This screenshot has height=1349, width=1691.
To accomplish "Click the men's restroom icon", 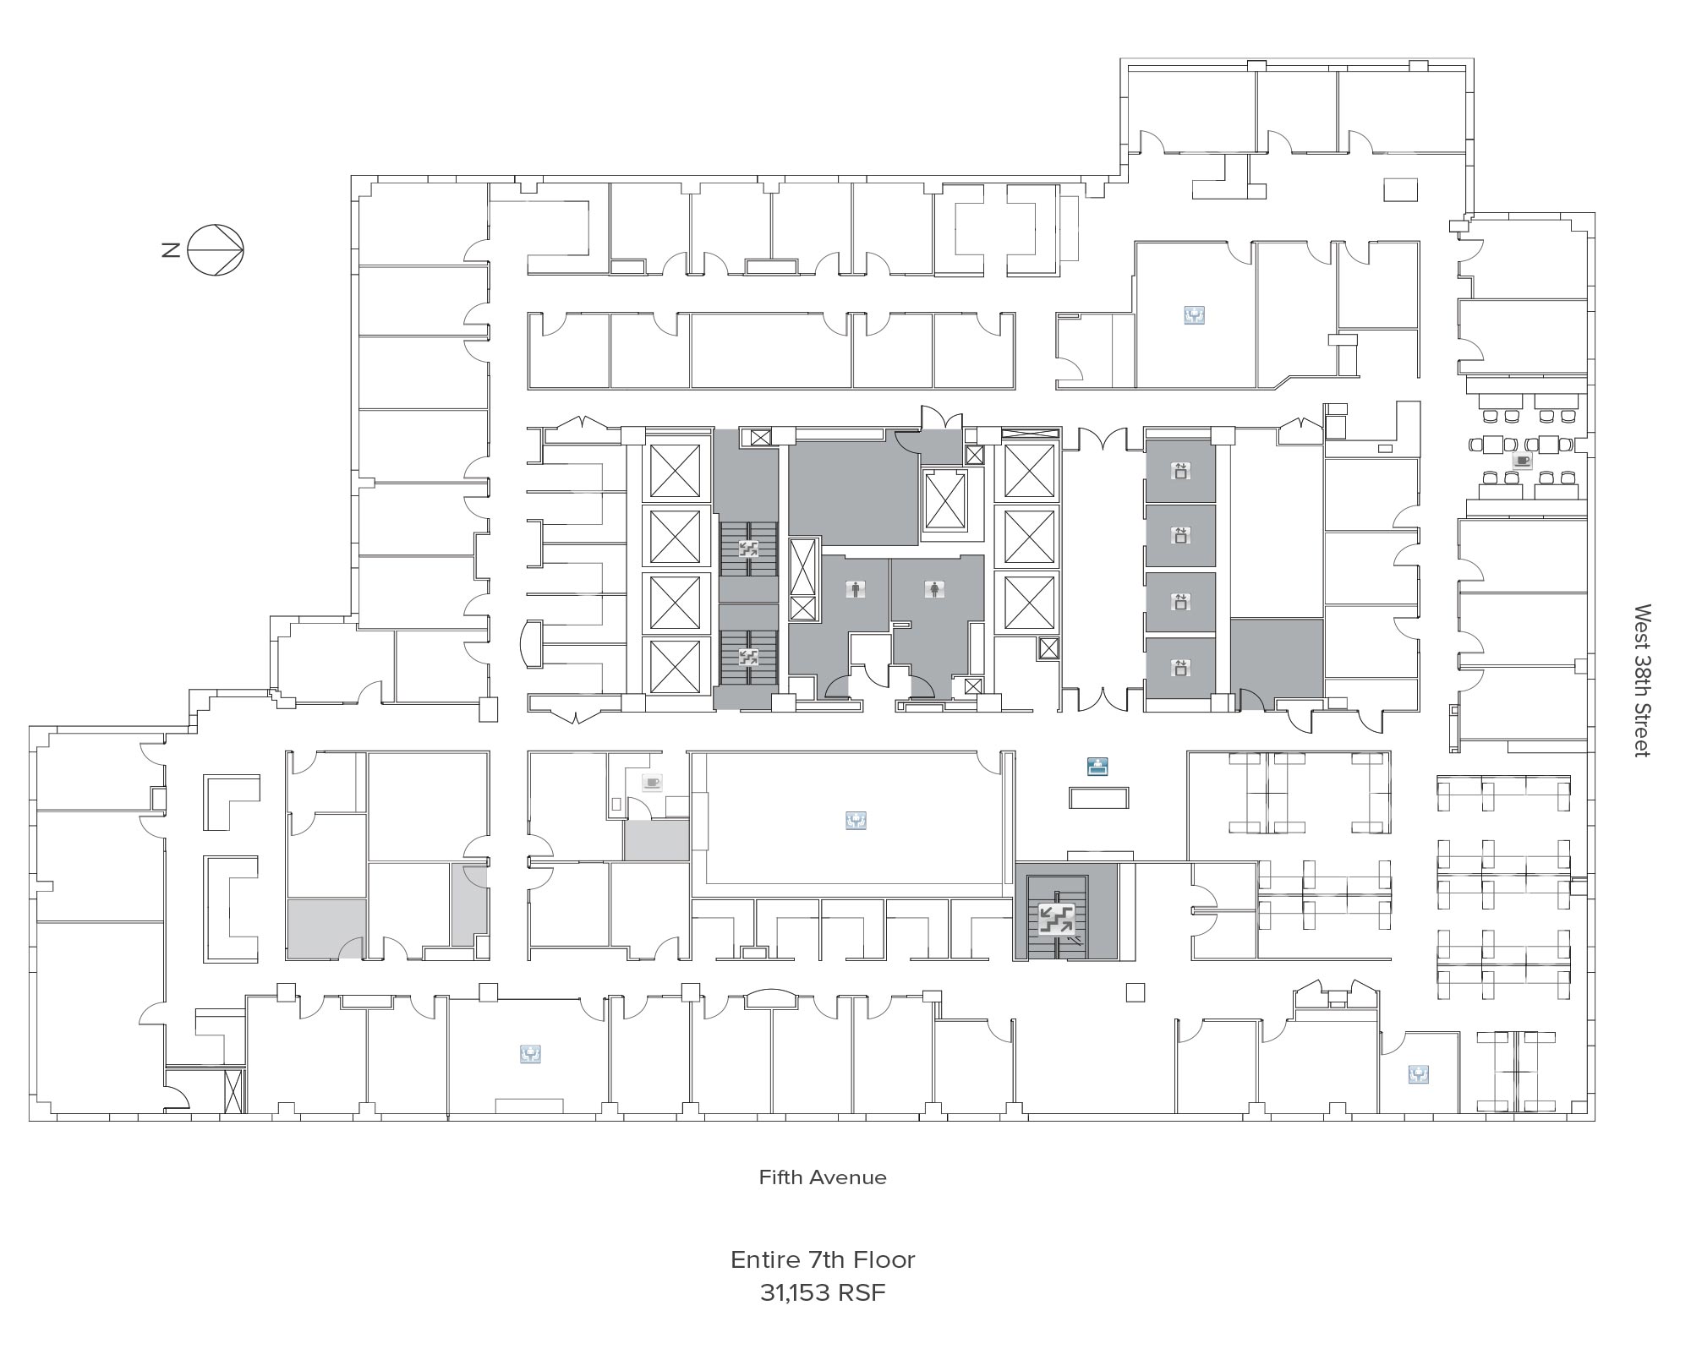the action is [856, 590].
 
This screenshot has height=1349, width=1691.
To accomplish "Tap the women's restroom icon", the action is [934, 590].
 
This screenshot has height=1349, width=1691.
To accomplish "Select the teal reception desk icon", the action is [1097, 767].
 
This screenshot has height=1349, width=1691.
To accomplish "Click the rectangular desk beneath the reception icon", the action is [1098, 797].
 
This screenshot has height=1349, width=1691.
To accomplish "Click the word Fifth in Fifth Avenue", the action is [780, 1177].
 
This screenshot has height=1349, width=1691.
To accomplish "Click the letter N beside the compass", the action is [171, 250].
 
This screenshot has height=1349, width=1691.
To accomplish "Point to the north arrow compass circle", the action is [216, 250].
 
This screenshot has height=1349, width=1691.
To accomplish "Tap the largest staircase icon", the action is [1057, 919].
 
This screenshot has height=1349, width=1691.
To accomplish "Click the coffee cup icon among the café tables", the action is [1523, 460].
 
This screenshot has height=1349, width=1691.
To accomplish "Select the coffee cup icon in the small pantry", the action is [651, 782].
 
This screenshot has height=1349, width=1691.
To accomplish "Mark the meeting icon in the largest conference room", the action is [856, 820].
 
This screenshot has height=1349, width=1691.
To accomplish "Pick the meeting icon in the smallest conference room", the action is [1419, 1074].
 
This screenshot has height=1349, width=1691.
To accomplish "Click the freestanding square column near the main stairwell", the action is [1136, 992].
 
